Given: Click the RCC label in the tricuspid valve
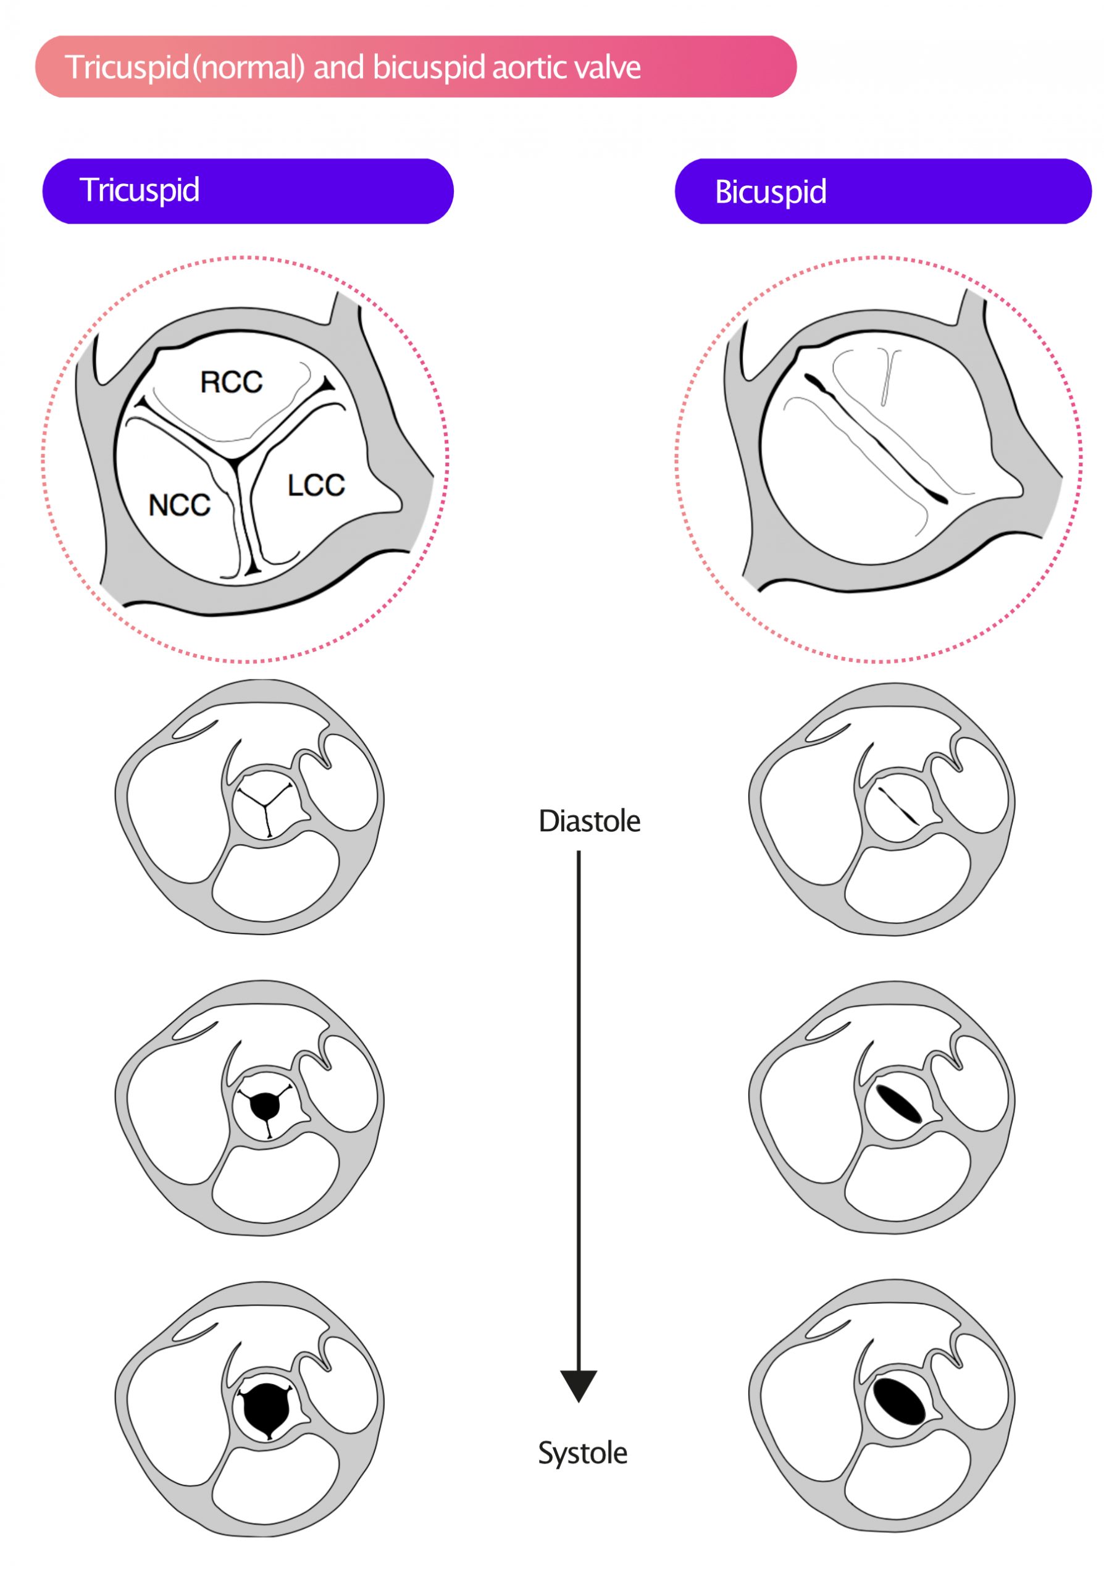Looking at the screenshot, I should [x=232, y=382].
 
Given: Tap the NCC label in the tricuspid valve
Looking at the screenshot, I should [x=179, y=505].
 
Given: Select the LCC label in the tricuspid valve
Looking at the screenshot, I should [x=316, y=485].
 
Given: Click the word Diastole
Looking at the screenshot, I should [x=589, y=821].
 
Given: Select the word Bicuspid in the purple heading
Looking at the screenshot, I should [x=770, y=191].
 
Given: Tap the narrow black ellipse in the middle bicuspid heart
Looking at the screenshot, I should [x=899, y=1104].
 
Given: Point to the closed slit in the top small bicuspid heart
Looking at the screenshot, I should [x=898, y=806].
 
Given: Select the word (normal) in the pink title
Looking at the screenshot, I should [x=249, y=67].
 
